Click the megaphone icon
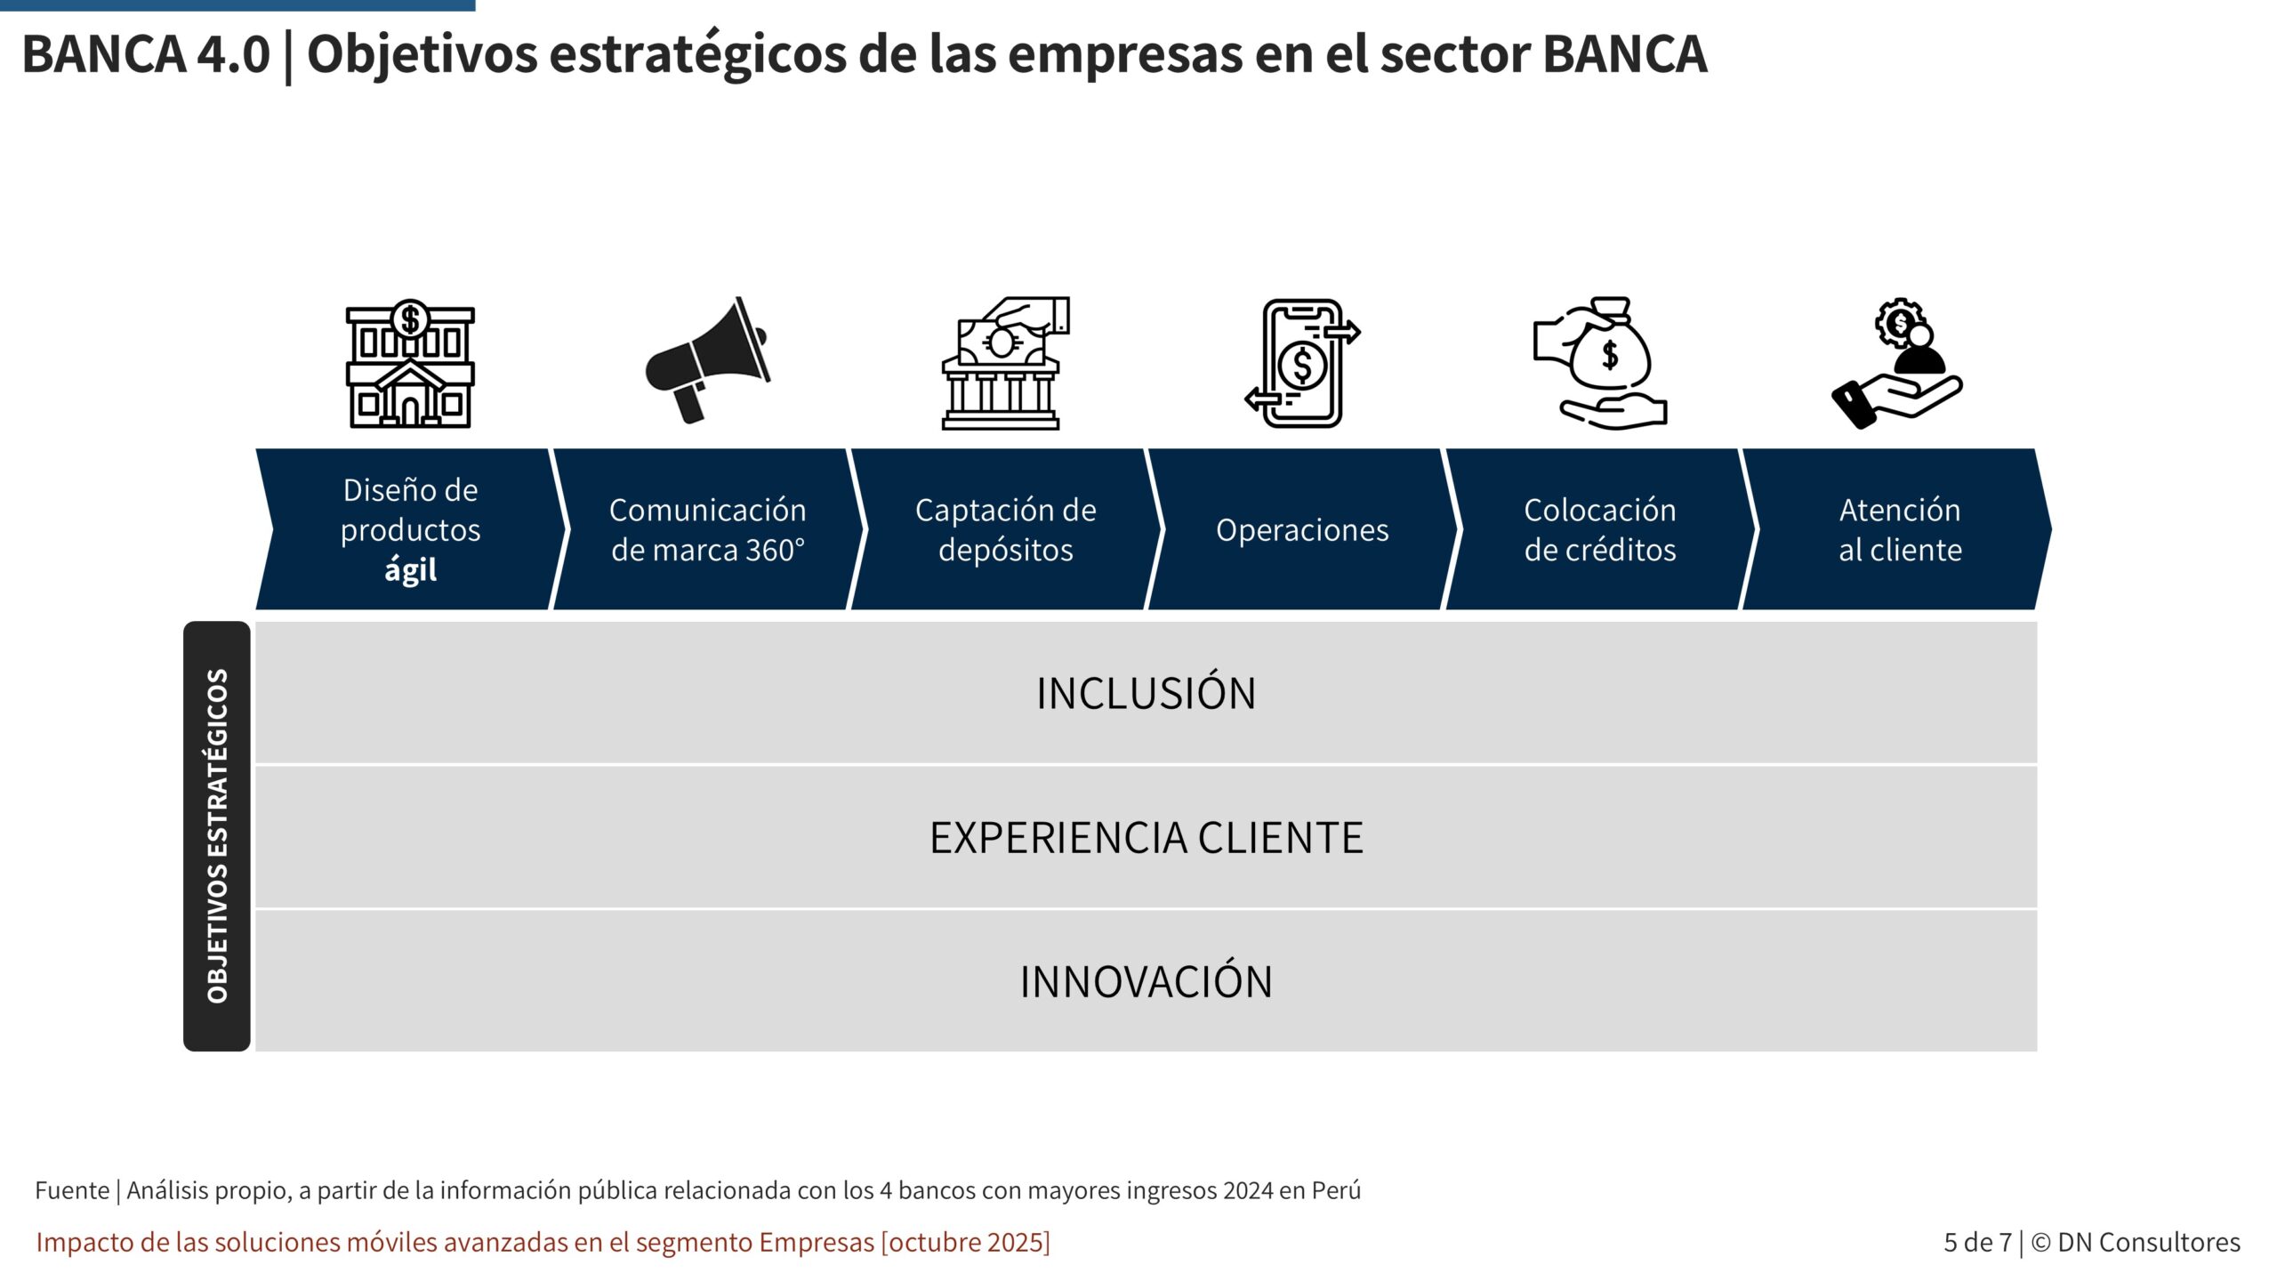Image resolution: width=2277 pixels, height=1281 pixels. tap(707, 360)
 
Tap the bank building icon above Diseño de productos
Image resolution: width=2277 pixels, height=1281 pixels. tap(410, 364)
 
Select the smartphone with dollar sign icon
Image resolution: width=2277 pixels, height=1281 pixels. tap(1302, 363)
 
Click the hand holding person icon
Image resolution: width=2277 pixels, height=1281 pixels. tap(1897, 364)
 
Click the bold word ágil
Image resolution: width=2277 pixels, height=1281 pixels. tap(410, 570)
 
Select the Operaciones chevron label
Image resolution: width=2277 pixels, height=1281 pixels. tap(1302, 530)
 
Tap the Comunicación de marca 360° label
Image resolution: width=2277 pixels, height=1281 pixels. tap(708, 529)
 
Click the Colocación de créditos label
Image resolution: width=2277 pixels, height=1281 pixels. tap(1600, 529)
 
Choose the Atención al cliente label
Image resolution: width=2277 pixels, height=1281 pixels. tap(1900, 529)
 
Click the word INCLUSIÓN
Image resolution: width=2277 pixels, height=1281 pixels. tap(1146, 693)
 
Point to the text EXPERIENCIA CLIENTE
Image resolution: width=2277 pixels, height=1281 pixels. tap(1146, 837)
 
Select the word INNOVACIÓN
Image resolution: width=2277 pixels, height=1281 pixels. tap(1146, 981)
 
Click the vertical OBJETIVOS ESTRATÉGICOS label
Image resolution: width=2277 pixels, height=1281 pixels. tap(217, 836)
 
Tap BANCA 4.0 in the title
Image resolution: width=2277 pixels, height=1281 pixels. tap(146, 53)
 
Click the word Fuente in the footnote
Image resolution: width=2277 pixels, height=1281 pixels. tap(72, 1190)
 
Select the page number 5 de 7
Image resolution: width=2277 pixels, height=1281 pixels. tap(1977, 1242)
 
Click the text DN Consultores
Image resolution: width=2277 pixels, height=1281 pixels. tap(2149, 1242)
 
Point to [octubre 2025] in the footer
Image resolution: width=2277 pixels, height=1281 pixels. tap(965, 1243)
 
